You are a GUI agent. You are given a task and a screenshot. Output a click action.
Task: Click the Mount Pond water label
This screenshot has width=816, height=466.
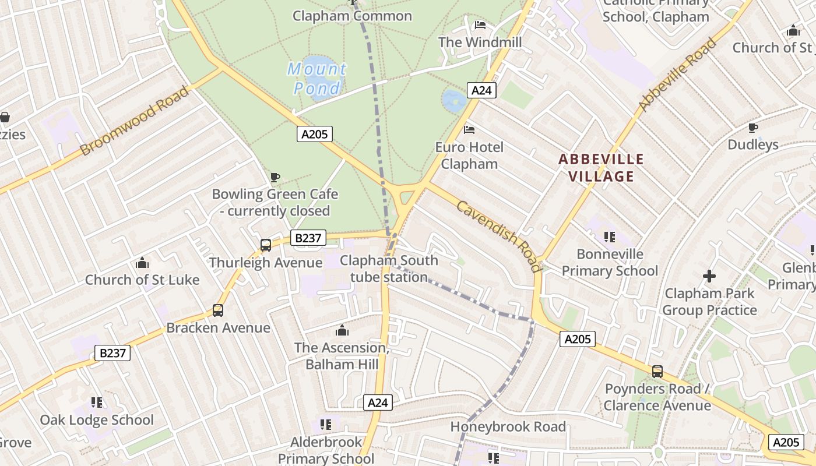317,79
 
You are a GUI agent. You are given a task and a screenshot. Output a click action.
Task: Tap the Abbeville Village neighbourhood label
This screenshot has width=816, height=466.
601,167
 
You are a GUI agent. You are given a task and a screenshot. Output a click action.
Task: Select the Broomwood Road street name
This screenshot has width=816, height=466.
135,121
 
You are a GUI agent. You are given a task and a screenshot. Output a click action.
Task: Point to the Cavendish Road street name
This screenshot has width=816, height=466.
498,236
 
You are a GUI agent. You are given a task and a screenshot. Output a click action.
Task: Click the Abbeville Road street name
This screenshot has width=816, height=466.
677,75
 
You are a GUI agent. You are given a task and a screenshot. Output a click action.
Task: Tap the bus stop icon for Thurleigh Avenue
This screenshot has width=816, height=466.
266,245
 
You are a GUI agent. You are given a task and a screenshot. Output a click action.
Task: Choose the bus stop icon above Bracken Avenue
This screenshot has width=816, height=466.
218,310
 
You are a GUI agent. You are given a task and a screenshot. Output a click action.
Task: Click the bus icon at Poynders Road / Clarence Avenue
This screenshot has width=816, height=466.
657,371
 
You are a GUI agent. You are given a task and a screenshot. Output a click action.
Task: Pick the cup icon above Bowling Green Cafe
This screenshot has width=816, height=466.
275,177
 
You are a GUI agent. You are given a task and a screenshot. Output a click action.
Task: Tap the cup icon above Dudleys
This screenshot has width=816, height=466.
753,128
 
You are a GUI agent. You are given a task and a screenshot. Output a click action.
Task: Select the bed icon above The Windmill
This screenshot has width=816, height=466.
480,25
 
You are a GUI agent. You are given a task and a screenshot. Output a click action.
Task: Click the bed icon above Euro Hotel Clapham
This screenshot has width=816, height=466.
469,129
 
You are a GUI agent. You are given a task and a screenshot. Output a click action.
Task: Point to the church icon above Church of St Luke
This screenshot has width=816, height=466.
142,263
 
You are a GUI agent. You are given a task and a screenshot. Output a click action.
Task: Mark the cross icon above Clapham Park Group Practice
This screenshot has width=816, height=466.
709,276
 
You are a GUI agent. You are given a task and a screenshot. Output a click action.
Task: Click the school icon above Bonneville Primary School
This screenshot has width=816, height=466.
610,236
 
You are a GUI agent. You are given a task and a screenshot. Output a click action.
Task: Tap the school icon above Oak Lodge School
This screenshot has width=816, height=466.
97,403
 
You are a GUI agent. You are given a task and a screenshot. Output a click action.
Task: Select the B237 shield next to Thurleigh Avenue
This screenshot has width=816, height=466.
308,238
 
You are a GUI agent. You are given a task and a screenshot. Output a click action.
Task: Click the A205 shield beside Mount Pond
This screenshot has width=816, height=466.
315,134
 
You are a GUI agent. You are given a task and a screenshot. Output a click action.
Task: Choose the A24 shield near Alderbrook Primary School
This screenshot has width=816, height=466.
378,403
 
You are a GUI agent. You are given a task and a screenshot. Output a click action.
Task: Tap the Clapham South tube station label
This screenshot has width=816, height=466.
389,269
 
